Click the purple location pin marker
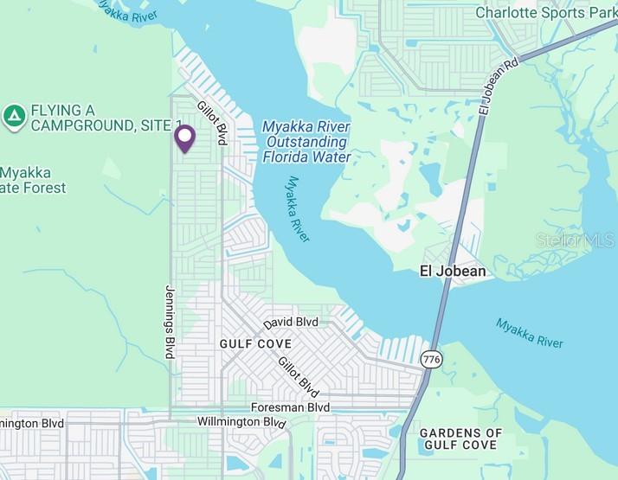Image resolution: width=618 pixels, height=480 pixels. (x=184, y=138)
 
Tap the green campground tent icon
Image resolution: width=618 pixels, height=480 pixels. (x=14, y=117)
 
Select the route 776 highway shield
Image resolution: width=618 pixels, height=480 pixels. (x=430, y=357)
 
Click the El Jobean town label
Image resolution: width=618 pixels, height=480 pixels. (x=453, y=271)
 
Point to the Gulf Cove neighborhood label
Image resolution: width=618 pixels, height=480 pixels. (x=255, y=343)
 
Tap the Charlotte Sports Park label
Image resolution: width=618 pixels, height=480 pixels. (x=544, y=13)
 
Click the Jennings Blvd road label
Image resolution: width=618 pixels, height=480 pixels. (x=170, y=322)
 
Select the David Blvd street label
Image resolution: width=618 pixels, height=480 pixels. (x=291, y=323)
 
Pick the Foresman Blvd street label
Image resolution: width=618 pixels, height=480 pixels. (x=290, y=407)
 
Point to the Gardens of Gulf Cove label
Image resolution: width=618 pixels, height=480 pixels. (x=460, y=438)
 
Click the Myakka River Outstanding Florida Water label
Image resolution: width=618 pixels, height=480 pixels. (x=306, y=142)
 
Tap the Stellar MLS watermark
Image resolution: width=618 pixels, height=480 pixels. (x=575, y=240)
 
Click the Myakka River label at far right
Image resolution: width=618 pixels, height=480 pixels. (x=529, y=333)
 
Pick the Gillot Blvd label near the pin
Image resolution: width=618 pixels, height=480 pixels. (x=212, y=121)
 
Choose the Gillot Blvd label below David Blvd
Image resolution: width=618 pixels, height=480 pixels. (x=299, y=377)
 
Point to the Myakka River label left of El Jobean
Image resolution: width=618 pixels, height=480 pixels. (x=299, y=208)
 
